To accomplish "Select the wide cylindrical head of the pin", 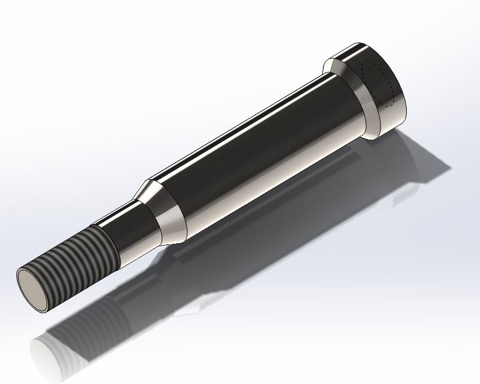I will (372, 87).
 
